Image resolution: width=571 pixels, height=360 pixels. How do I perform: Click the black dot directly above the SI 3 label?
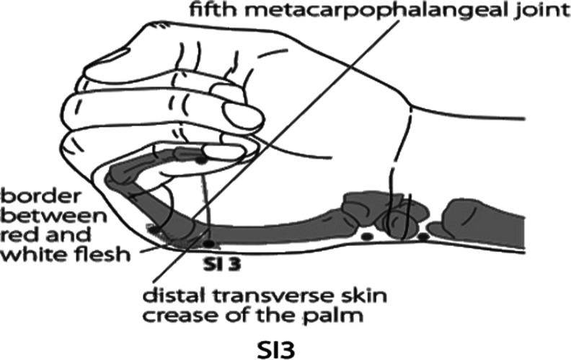(209, 243)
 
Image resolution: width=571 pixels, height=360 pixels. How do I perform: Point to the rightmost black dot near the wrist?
(424, 237)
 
